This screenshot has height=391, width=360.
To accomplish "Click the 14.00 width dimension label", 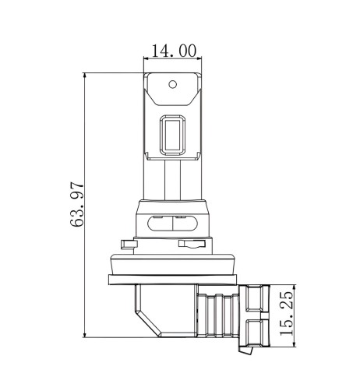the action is (174, 51).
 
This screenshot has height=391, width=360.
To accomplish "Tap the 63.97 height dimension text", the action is (77, 205).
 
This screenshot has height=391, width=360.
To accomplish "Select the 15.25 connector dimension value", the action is (286, 313).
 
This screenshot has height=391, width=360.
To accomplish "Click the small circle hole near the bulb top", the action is (173, 84).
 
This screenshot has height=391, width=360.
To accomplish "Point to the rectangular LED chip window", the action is (173, 135).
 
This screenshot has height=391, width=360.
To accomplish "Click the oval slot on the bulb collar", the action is (173, 223).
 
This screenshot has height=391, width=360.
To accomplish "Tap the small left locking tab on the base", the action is (129, 245).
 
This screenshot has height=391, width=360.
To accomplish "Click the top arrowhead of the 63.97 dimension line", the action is (84, 76).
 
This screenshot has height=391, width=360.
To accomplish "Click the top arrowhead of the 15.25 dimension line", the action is (295, 287).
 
